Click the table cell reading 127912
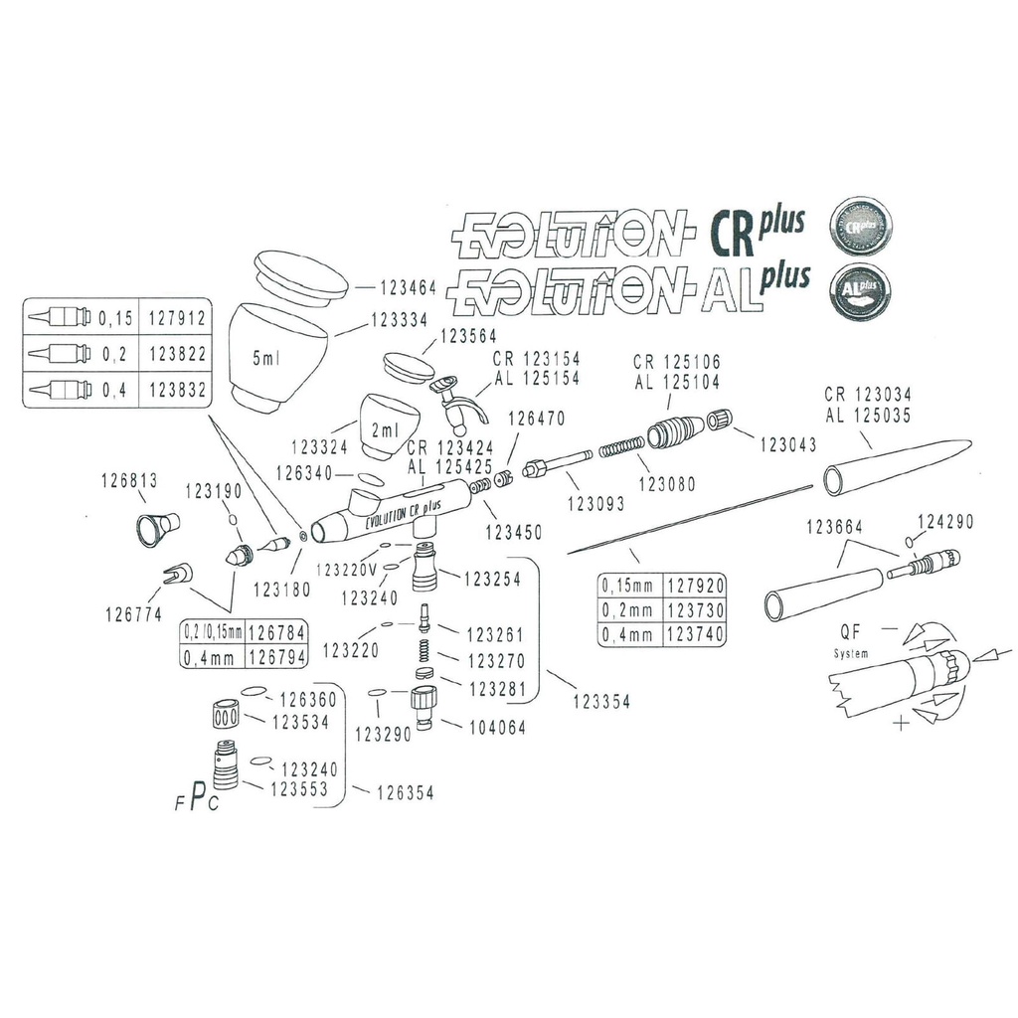click(x=176, y=320)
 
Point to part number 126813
click(x=129, y=481)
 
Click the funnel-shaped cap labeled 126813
click(x=156, y=529)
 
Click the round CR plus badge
click(x=861, y=224)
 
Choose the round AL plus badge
click(x=861, y=289)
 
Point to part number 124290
click(x=945, y=520)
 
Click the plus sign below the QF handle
click(x=901, y=724)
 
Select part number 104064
click(x=496, y=727)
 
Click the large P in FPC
click(x=198, y=794)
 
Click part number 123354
click(x=601, y=701)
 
